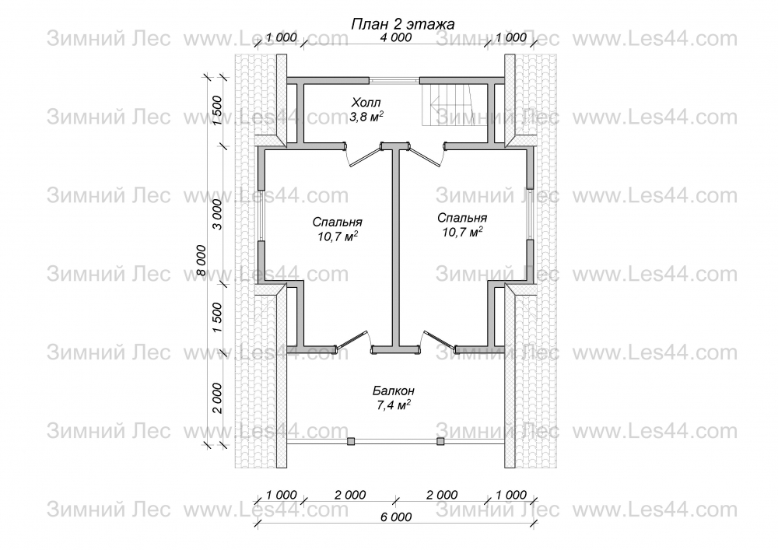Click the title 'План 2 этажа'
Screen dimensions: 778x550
(402, 24)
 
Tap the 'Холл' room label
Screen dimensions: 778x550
(366, 103)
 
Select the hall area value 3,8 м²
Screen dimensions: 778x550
(366, 117)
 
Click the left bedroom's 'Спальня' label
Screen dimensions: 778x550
(338, 222)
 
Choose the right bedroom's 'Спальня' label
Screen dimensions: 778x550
(462, 218)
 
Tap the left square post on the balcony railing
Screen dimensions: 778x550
(351, 441)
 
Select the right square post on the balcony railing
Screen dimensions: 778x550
(440, 441)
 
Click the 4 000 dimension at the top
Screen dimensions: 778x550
(395, 37)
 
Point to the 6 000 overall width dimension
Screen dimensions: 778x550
(397, 517)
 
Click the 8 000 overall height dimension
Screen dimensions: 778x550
(201, 261)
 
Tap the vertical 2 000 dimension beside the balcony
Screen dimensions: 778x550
(217, 398)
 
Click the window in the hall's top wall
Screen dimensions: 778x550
(394, 80)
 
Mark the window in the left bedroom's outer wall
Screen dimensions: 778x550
(261, 215)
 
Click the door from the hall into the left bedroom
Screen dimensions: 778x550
(363, 156)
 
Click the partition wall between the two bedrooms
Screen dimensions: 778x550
(397, 248)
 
